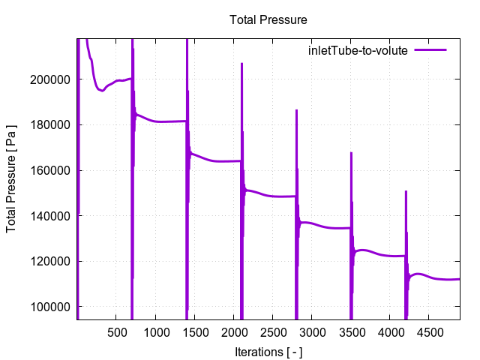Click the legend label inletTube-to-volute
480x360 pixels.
(357, 51)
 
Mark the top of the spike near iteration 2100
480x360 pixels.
(241, 64)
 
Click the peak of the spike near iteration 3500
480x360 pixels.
(351, 153)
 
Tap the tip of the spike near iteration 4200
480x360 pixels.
(406, 191)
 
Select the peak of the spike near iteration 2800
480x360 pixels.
(296, 110)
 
